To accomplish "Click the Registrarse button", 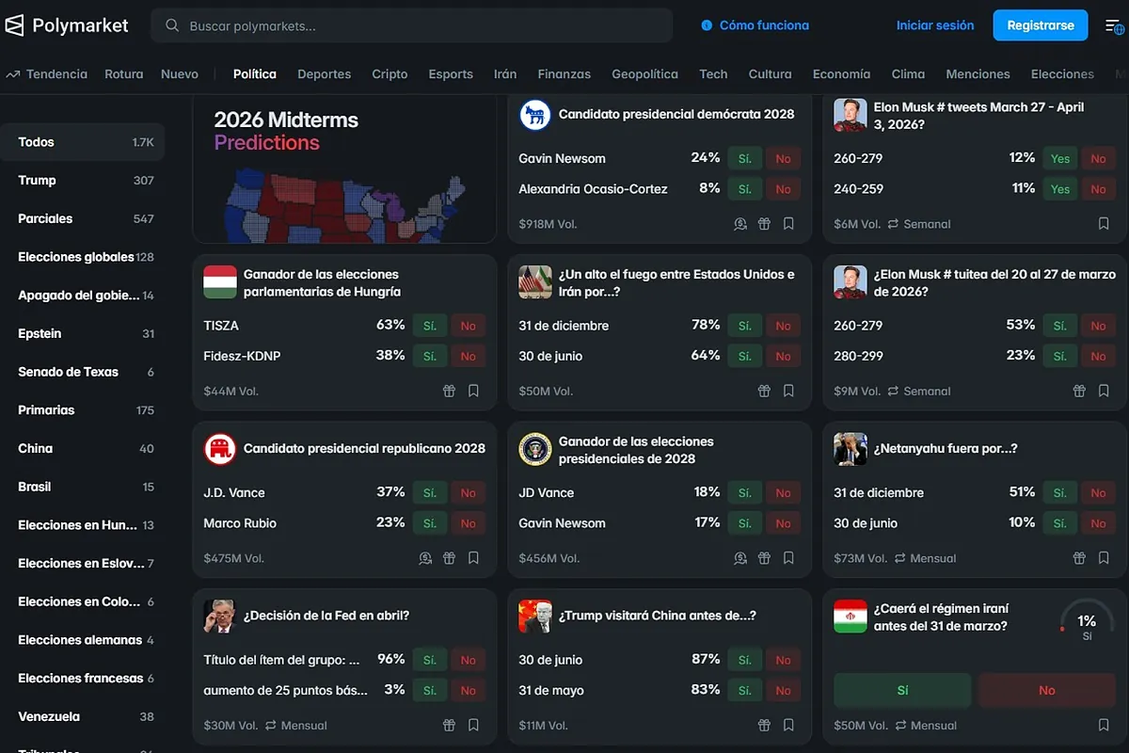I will point(1040,25).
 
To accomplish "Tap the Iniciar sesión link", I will point(934,25).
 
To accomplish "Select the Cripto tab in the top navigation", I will point(390,73).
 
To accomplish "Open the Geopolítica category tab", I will point(644,73).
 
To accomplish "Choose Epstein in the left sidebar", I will point(40,333).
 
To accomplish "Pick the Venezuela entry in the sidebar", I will point(49,716).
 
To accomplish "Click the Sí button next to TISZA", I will point(430,326).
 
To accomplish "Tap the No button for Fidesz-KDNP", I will point(468,356).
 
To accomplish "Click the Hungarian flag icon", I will point(220,282).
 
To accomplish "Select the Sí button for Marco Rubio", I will point(430,523).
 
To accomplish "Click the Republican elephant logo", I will point(220,449).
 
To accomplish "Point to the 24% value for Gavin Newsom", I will point(705,158).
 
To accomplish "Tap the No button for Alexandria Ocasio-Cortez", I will point(783,189).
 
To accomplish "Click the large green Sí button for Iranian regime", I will point(902,690).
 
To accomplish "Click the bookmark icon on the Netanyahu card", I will point(1104,558).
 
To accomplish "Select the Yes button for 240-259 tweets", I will point(1060,189).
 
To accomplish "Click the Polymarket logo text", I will point(80,25).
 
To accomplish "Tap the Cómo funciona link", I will point(763,25).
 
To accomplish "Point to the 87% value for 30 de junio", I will point(705,660).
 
